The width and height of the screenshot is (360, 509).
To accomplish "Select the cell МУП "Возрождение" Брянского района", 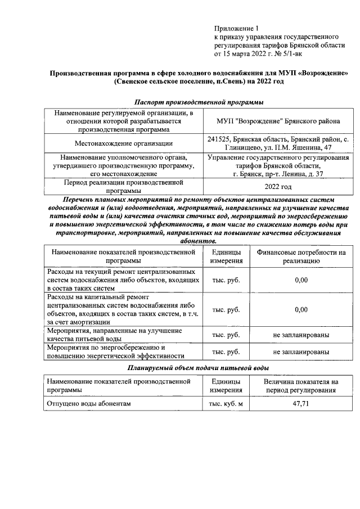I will coord(278,121).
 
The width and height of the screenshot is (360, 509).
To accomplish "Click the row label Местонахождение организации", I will coord(124,143).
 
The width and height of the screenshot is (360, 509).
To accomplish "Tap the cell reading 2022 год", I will coord(278,187).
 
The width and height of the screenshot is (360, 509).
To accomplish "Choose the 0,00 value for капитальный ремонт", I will coord(301,309).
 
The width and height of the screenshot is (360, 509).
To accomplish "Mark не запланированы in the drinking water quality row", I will coord(301,335).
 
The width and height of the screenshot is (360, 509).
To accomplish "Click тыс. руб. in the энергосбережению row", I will coord(226,352).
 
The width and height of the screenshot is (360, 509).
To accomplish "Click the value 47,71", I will coord(301,404).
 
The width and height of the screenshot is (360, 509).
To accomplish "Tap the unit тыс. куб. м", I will coord(226,404).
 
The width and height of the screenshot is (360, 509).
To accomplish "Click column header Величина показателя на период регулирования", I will coord(301,385).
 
